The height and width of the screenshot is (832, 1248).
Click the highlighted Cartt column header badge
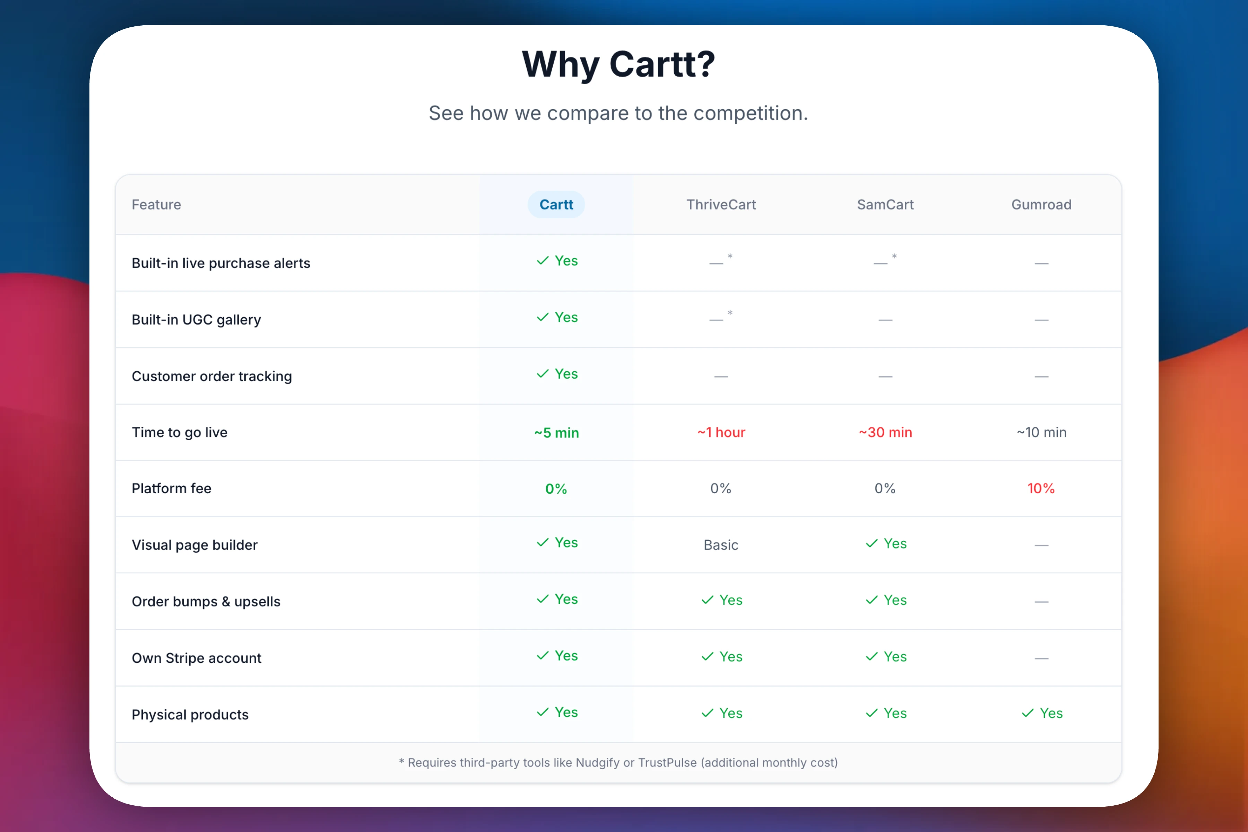click(x=556, y=205)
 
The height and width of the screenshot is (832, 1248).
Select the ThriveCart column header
click(x=721, y=205)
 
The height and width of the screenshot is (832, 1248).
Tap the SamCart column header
click(x=885, y=205)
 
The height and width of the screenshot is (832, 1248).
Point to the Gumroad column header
click(x=1041, y=205)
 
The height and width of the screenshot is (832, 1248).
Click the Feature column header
click(x=156, y=205)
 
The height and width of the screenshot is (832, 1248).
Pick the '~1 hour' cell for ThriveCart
click(x=721, y=432)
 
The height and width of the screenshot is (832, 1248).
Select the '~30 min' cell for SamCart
click(x=885, y=432)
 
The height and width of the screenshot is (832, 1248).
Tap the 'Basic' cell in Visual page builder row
click(x=721, y=545)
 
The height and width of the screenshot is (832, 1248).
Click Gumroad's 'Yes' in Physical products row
click(x=1042, y=713)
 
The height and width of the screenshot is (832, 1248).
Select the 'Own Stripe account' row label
click(x=196, y=658)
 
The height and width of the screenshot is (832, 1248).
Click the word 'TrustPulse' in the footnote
click(x=667, y=762)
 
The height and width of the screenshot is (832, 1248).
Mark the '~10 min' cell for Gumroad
click(x=1041, y=432)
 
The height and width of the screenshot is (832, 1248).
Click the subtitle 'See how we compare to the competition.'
click(x=618, y=113)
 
